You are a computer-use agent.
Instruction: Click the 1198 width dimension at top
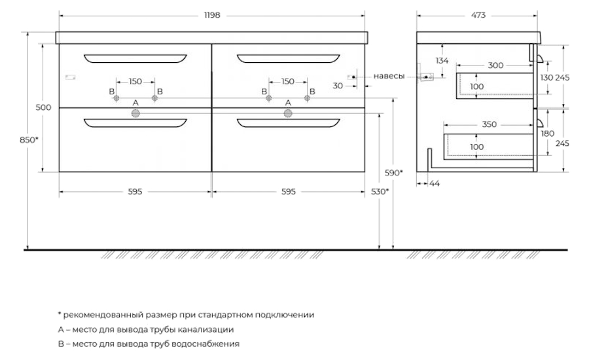[x=212, y=15]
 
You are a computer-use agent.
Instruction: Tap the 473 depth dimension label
[x=478, y=15]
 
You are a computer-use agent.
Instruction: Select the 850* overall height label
[x=29, y=140]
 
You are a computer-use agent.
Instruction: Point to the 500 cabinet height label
[x=43, y=107]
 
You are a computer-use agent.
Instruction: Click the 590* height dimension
[x=394, y=173]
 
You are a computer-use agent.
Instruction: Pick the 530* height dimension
[x=380, y=192]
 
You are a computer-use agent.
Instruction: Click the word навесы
[x=389, y=77]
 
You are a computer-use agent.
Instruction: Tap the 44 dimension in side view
[x=435, y=183]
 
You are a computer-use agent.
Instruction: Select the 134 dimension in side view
[x=442, y=60]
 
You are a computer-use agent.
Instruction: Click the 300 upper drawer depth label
[x=495, y=65]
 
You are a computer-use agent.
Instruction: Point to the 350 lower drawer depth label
[x=489, y=124]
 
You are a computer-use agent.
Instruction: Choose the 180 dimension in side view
[x=547, y=134]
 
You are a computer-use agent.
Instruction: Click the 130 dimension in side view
[x=546, y=77]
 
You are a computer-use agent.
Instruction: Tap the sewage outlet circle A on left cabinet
[x=135, y=113]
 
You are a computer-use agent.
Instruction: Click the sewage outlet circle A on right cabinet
[x=288, y=113]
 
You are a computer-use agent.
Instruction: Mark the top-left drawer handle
[x=135, y=58]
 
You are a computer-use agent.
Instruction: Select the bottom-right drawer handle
[x=289, y=123]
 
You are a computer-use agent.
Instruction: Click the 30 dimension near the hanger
[x=338, y=86]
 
